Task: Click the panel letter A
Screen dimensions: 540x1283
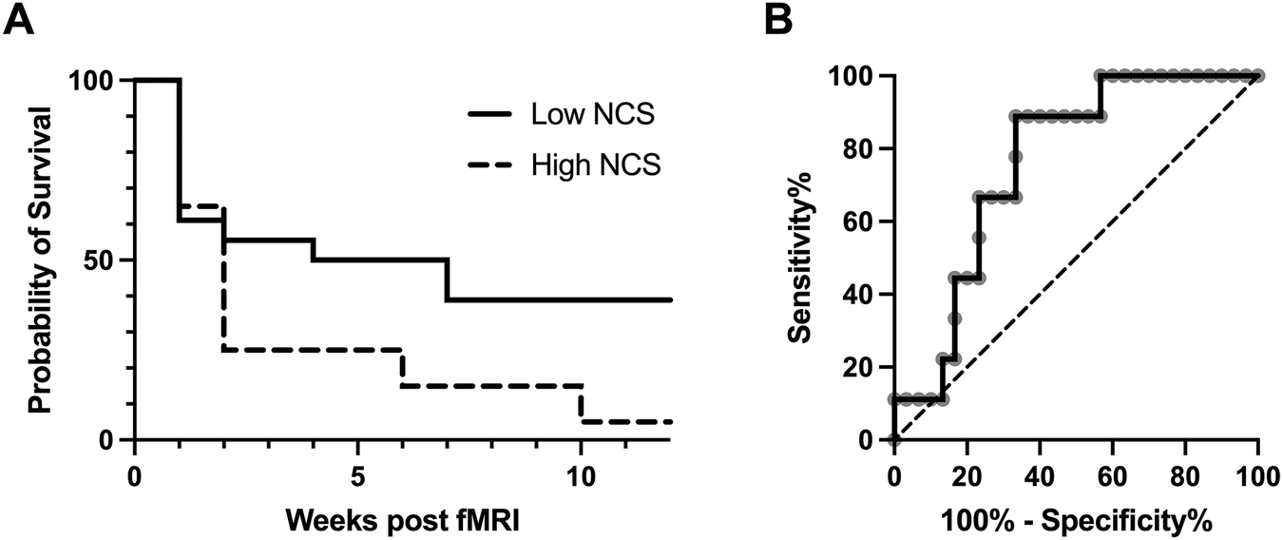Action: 20,19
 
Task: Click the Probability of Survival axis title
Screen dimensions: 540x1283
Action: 38,259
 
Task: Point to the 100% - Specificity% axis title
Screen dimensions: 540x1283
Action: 1075,519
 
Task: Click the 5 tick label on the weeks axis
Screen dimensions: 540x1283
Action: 357,473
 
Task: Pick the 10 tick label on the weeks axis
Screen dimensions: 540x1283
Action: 581,473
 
